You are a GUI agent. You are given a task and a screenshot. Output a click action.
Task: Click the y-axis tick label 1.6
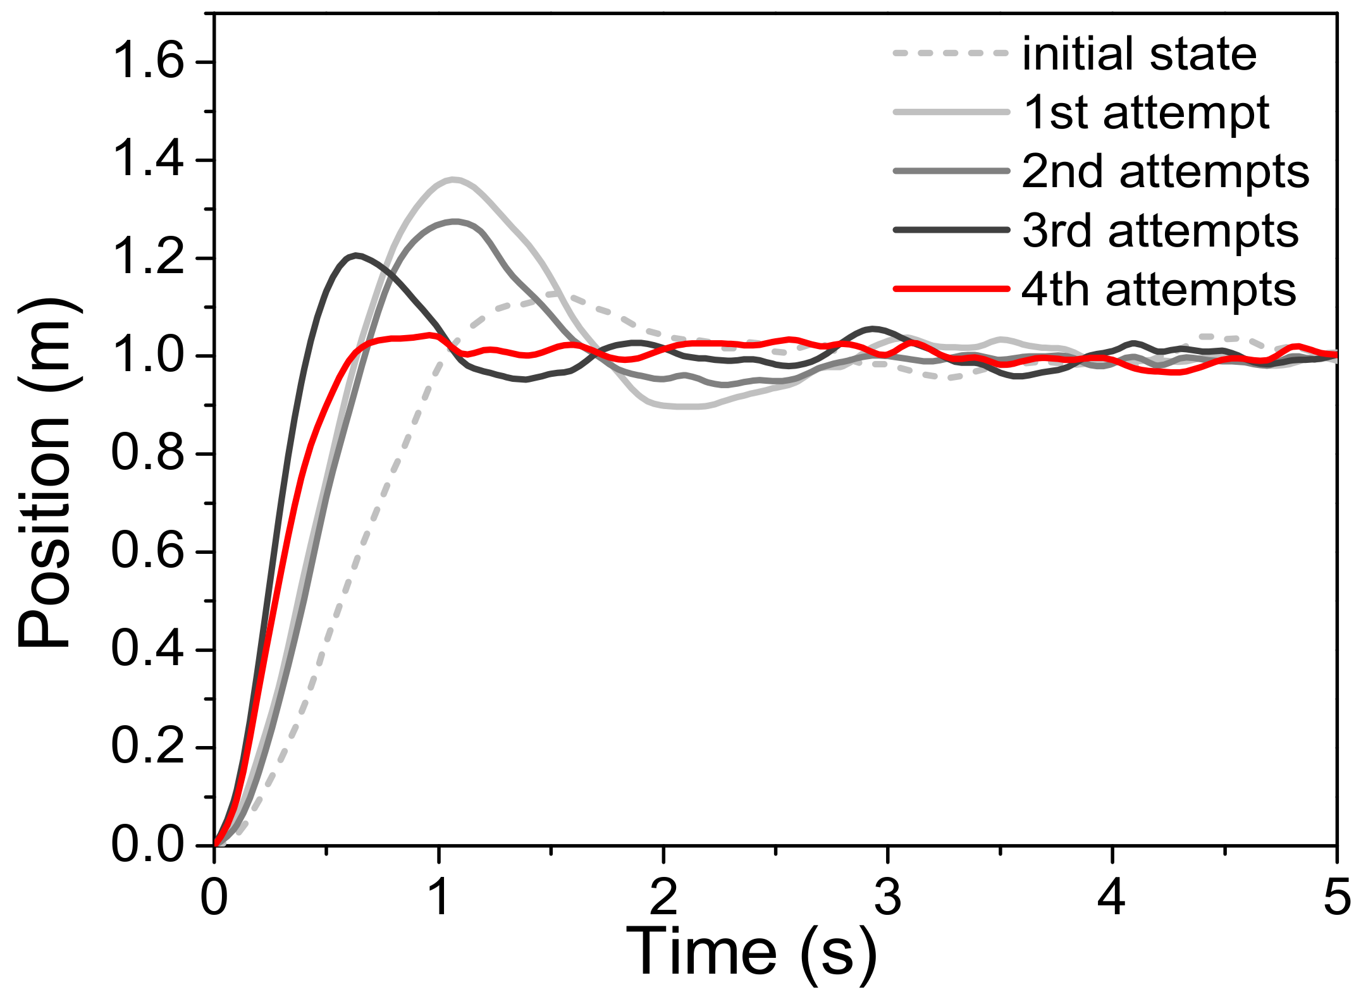pyautogui.click(x=147, y=63)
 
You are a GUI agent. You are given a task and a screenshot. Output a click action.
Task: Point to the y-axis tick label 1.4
pyautogui.click(x=147, y=160)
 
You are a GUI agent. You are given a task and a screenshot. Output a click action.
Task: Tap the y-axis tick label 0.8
pyautogui.click(x=147, y=454)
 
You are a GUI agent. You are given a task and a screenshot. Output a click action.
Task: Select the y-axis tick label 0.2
pyautogui.click(x=147, y=747)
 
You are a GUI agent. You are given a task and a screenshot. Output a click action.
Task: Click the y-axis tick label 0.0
pyautogui.click(x=147, y=845)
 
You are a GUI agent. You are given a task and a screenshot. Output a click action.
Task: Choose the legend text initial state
pyautogui.click(x=1139, y=54)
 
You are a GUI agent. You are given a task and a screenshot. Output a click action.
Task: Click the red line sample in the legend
pyautogui.click(x=951, y=289)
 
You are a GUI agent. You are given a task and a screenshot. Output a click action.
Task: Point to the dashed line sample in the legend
pyautogui.click(x=951, y=54)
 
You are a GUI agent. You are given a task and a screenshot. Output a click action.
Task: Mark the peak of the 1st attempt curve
pyautogui.click(x=453, y=180)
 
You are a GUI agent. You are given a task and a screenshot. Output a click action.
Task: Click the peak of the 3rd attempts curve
pyautogui.click(x=357, y=255)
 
